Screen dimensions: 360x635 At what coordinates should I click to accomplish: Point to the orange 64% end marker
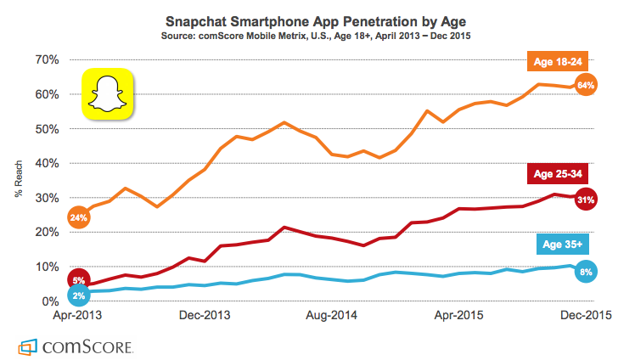585,85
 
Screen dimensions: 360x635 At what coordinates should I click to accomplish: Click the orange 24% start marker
79,217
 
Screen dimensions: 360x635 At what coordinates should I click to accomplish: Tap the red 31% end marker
585,200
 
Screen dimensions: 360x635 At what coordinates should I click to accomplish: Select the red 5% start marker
79,280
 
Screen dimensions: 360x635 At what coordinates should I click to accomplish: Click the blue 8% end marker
585,272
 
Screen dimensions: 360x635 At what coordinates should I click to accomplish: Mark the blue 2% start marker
79,295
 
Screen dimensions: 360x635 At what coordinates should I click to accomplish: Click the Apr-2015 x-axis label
459,315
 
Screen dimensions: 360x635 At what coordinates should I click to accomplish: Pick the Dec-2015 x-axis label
586,315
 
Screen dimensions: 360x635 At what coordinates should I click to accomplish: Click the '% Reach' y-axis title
19,180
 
